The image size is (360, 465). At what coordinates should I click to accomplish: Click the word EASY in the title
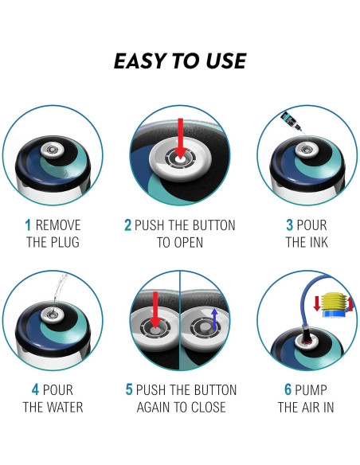click(x=139, y=61)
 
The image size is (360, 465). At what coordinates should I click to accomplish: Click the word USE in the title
click(x=226, y=61)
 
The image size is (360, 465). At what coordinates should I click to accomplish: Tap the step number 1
click(x=28, y=225)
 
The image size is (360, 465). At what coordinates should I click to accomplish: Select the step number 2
click(x=127, y=225)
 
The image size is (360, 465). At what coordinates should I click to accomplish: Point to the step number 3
click(x=290, y=225)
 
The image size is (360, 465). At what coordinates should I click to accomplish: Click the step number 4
click(x=35, y=389)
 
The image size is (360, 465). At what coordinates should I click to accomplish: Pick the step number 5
click(x=129, y=389)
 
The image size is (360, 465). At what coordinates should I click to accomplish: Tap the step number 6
click(x=288, y=389)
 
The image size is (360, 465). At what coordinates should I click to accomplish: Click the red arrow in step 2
click(x=180, y=137)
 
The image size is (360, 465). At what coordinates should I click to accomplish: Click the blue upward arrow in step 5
click(x=214, y=319)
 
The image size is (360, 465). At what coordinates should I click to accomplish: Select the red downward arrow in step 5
click(x=155, y=311)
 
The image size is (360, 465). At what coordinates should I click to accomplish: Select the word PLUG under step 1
click(x=65, y=242)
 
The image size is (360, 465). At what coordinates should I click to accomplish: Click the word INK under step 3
click(x=317, y=242)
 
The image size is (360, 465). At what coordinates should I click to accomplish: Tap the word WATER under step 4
click(x=65, y=407)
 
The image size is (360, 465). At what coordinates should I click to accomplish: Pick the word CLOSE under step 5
click(x=208, y=407)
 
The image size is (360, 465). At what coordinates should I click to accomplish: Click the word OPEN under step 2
click(x=189, y=242)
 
